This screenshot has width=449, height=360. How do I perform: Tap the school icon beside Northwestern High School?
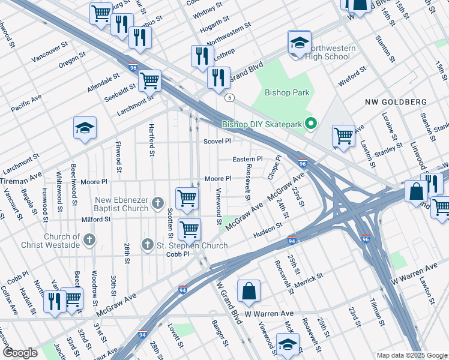click(299, 43)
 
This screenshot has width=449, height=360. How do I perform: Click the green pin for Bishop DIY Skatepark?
click(310, 124)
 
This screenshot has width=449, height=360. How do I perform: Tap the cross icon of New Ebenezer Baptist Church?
click(158, 202)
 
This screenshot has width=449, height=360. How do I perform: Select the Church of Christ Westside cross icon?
click(89, 241)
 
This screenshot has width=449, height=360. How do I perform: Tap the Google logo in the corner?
click(20, 353)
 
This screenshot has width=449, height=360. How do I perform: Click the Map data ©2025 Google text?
click(411, 355)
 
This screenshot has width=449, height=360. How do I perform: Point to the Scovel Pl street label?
click(217, 142)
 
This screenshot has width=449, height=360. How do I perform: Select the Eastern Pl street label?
click(248, 159)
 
